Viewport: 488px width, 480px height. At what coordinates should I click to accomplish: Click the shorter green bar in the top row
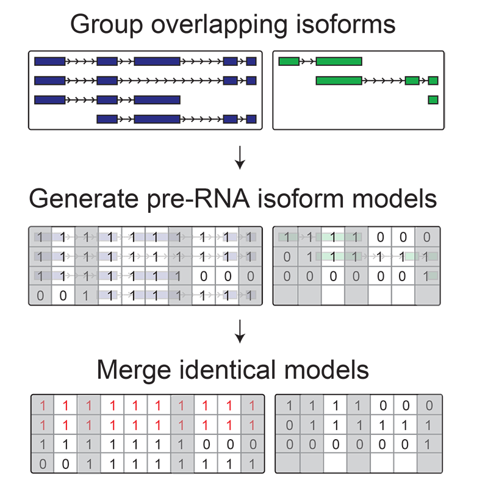(x=289, y=61)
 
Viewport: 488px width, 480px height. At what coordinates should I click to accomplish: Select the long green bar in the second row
(x=339, y=81)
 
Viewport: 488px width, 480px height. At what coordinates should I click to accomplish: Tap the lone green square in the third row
(x=433, y=99)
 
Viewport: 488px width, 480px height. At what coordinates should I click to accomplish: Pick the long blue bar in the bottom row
(x=157, y=119)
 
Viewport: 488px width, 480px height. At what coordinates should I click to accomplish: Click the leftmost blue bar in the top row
(x=49, y=61)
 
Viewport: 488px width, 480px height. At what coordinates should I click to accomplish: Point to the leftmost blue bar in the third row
(x=49, y=99)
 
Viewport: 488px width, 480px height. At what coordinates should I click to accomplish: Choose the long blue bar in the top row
(x=157, y=61)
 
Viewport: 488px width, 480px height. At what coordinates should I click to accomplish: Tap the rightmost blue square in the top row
(x=251, y=61)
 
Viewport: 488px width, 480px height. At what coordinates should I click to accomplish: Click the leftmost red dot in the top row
(x=66, y=404)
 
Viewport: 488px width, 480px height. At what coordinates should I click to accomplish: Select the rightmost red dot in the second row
(x=229, y=424)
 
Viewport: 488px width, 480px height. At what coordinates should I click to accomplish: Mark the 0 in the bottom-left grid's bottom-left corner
(x=43, y=464)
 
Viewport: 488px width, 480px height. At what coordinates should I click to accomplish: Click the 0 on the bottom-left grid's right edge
(x=253, y=444)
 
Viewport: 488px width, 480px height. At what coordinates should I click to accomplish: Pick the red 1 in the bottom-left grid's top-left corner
(x=43, y=405)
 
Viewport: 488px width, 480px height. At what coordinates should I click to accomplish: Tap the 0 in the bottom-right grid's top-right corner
(x=429, y=405)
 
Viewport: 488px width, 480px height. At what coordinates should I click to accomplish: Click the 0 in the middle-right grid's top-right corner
(x=427, y=237)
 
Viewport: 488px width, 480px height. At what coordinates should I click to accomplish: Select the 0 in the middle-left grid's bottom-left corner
(x=40, y=296)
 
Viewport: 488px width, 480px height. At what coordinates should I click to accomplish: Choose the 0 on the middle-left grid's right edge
(x=250, y=276)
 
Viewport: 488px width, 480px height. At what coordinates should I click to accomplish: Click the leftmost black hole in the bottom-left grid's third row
(x=66, y=443)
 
